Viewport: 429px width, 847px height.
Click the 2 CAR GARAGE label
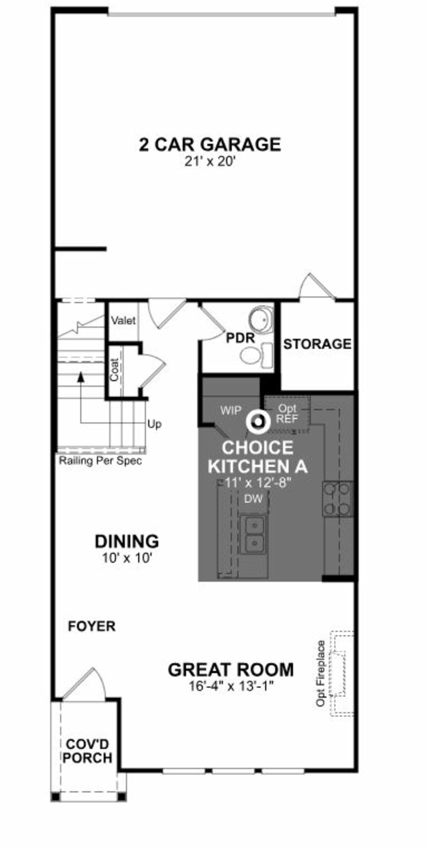click(x=210, y=145)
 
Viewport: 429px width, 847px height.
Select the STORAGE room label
click(x=317, y=344)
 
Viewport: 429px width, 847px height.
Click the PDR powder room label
click(x=240, y=338)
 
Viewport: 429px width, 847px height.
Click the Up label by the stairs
click(x=154, y=424)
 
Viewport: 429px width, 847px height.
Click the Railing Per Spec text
click(x=100, y=461)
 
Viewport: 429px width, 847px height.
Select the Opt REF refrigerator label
click(x=287, y=414)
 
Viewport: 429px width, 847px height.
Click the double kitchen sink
click(x=253, y=534)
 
